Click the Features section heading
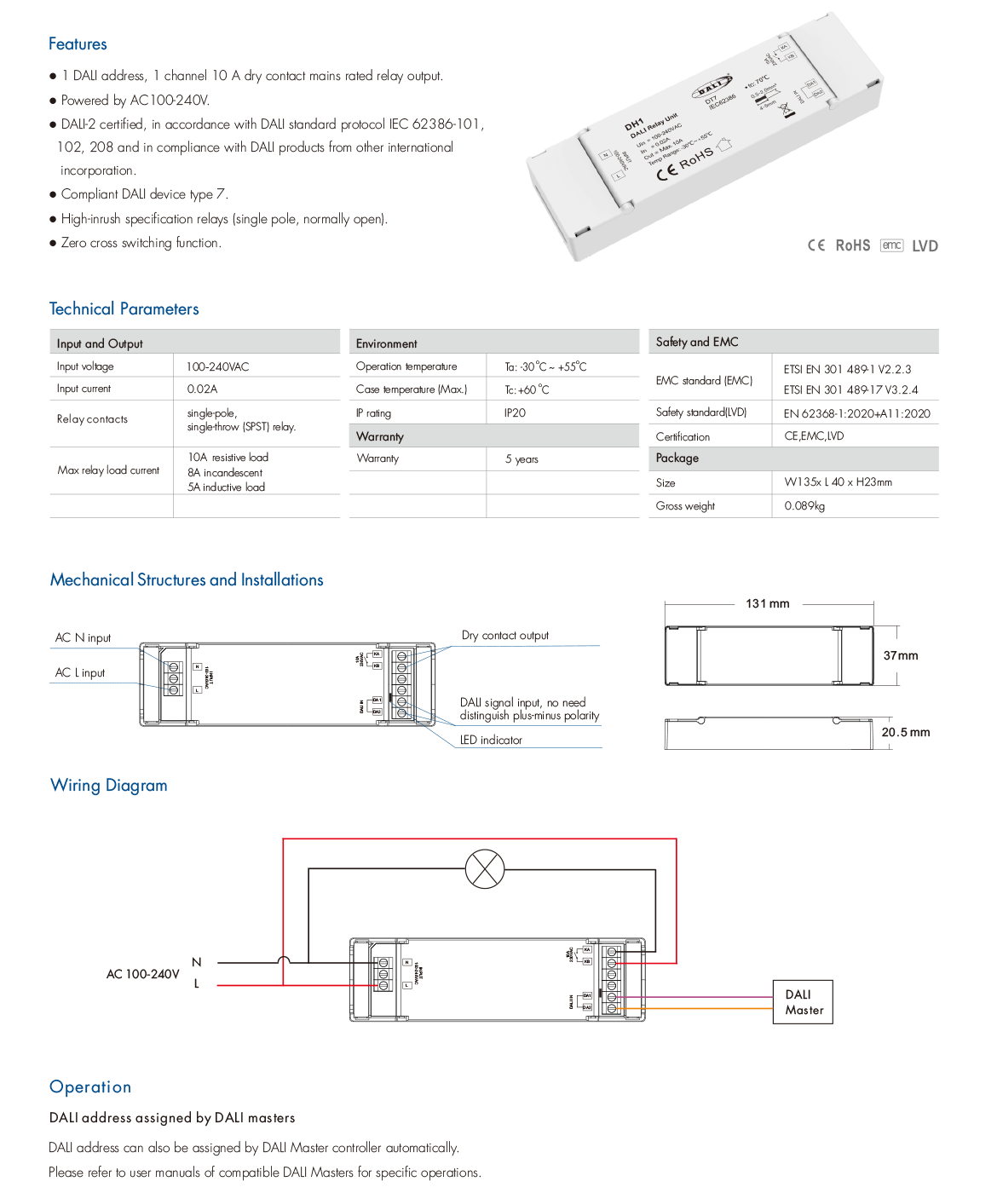(x=78, y=44)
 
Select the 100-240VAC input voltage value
(x=218, y=367)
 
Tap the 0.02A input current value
(x=203, y=389)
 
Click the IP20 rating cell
(x=515, y=413)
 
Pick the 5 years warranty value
(x=522, y=459)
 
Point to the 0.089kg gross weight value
(x=804, y=506)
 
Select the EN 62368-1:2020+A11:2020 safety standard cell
(x=856, y=414)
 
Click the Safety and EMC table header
(x=697, y=342)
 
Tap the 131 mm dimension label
(x=767, y=604)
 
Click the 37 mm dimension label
(x=901, y=656)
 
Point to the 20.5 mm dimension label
(x=906, y=733)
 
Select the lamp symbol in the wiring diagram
(x=485, y=870)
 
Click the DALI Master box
(x=803, y=1002)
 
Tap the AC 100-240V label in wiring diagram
(x=142, y=974)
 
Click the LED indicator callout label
(x=491, y=741)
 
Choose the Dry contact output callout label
(x=505, y=636)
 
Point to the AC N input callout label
(x=83, y=638)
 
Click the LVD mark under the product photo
(x=925, y=246)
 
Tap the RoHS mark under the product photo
(x=852, y=246)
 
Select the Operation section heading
(x=90, y=1087)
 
